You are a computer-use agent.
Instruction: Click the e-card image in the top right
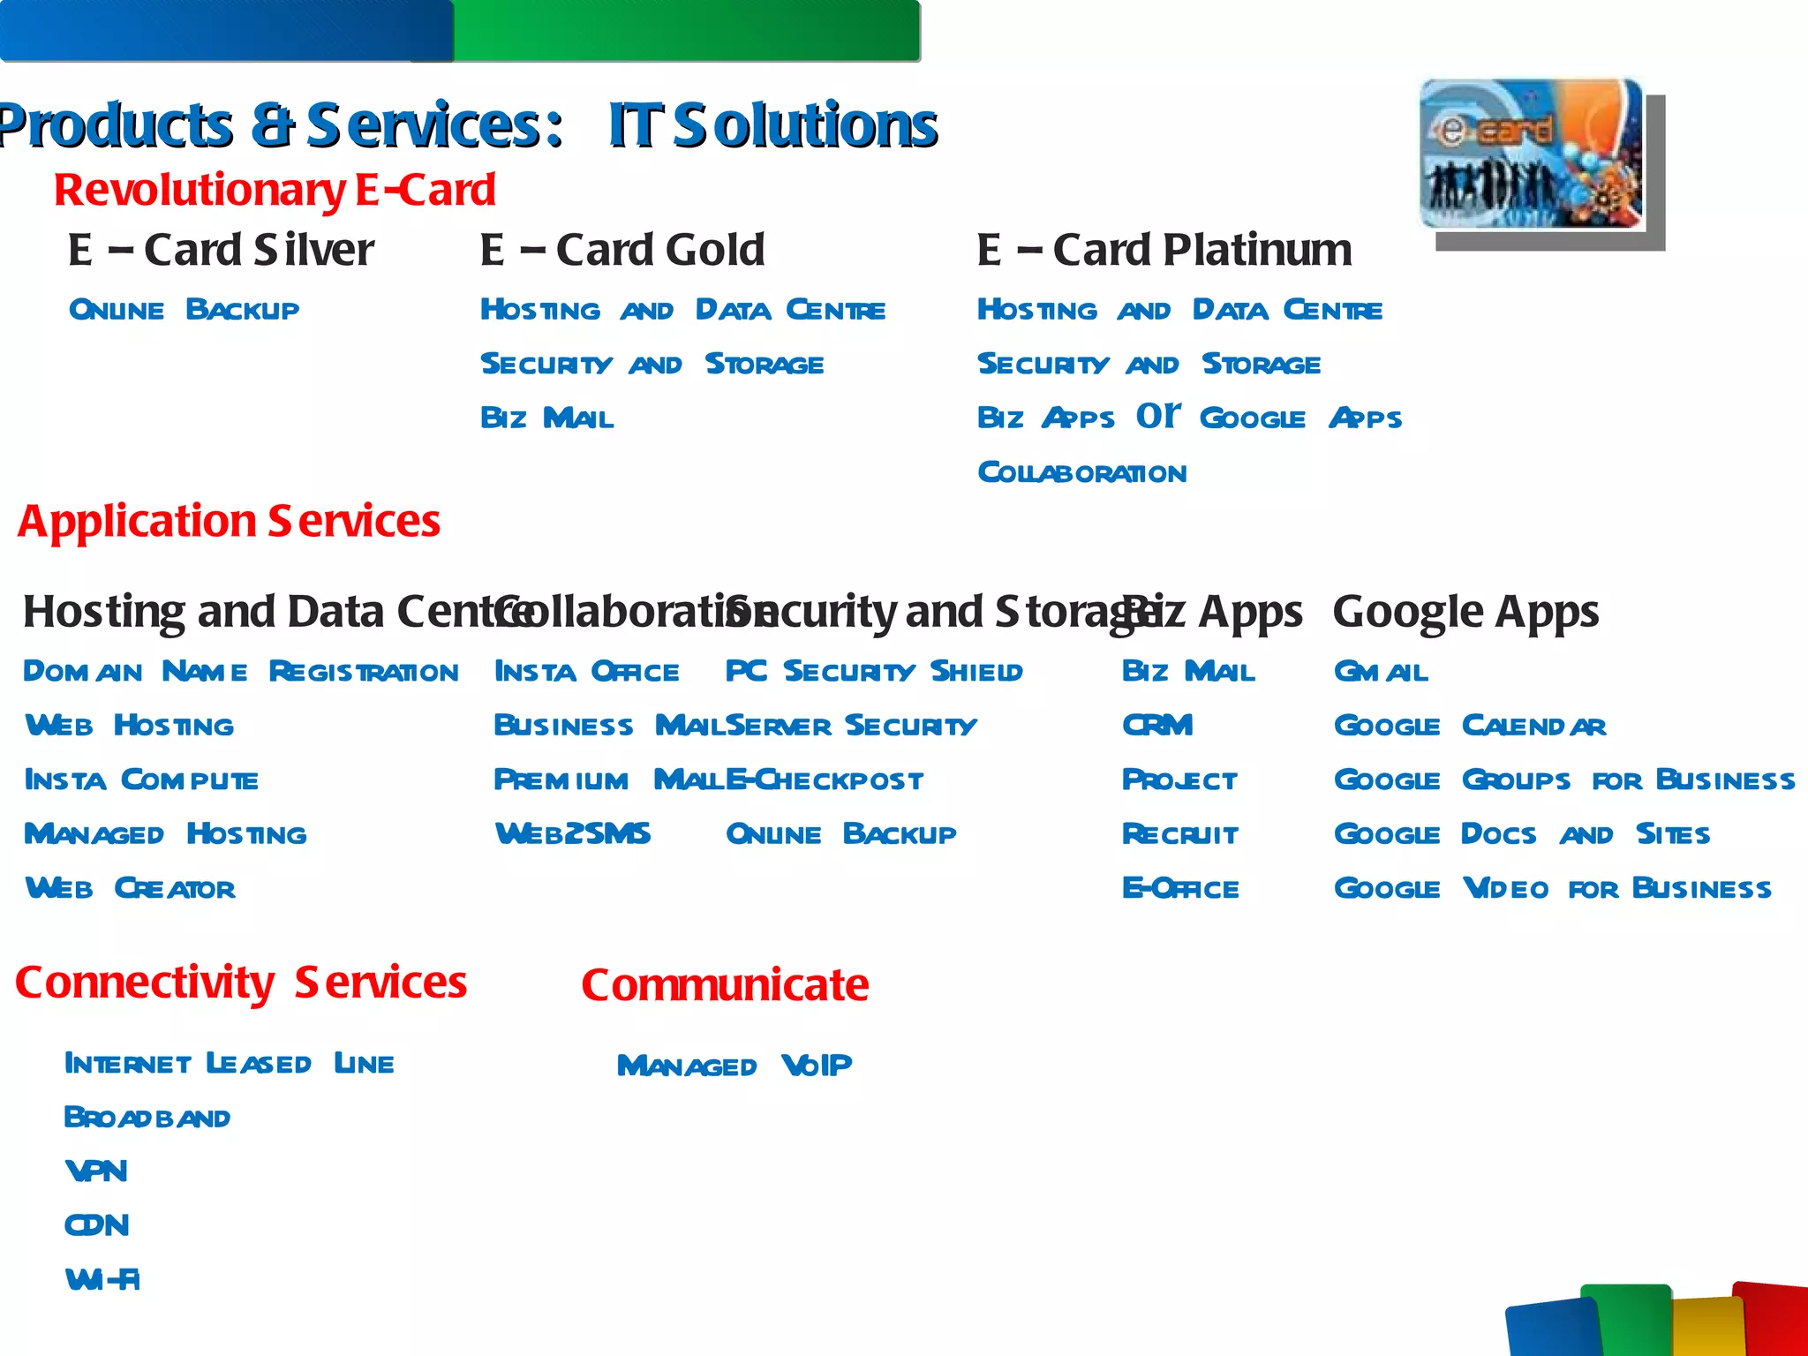pyautogui.click(x=1532, y=154)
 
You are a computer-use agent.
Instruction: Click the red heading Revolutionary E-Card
pyautogui.click(x=275, y=191)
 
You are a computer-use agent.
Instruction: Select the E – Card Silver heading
pyautogui.click(x=221, y=250)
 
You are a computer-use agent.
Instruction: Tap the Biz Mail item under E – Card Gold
pyautogui.click(x=546, y=418)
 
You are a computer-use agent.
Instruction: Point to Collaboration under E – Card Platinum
pyautogui.click(x=1081, y=473)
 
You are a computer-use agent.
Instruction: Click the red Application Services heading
pyautogui.click(x=229, y=521)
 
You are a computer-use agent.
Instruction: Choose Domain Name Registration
pyautogui.click(x=240, y=672)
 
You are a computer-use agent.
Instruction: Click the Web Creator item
pyautogui.click(x=131, y=888)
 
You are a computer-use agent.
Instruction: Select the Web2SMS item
pyautogui.click(x=573, y=834)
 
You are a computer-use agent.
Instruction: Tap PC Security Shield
pyautogui.click(x=873, y=672)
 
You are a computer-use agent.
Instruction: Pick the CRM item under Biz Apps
pyautogui.click(x=1157, y=726)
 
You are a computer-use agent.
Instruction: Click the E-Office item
pyautogui.click(x=1180, y=888)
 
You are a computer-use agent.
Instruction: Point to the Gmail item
pyautogui.click(x=1381, y=672)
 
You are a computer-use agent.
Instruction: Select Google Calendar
pyautogui.click(x=1470, y=726)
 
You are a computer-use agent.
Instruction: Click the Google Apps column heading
pyautogui.click(x=1465, y=612)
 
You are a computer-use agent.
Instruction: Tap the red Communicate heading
pyautogui.click(x=725, y=985)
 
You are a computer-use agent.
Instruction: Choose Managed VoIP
pyautogui.click(x=734, y=1066)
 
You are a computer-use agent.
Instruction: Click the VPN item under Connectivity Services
pyautogui.click(x=96, y=1171)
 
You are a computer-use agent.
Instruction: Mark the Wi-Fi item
pyautogui.click(x=102, y=1279)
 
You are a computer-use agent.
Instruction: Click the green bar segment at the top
pyautogui.click(x=687, y=31)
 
